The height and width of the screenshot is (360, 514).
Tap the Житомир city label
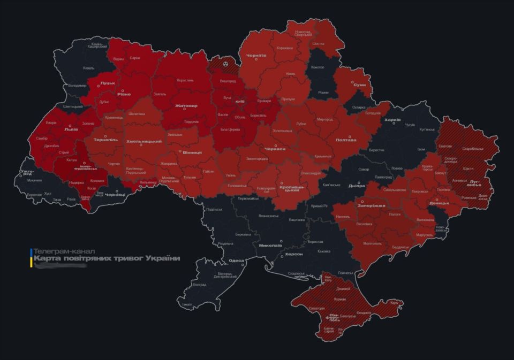pos(186,105)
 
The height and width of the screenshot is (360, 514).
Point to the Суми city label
pos(360,85)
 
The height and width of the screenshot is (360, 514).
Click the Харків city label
pos(392,119)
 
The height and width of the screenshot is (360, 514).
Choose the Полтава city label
pos(345,140)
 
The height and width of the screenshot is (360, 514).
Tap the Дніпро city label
pos(356,186)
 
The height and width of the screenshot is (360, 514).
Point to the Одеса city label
pos(236,261)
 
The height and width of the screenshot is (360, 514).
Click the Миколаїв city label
pos(270,246)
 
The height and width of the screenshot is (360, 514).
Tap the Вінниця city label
pos(192,152)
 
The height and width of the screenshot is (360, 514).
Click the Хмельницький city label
pos(143,141)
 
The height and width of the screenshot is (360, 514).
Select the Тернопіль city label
pos(105,140)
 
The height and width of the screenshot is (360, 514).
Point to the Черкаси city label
pos(276,149)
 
